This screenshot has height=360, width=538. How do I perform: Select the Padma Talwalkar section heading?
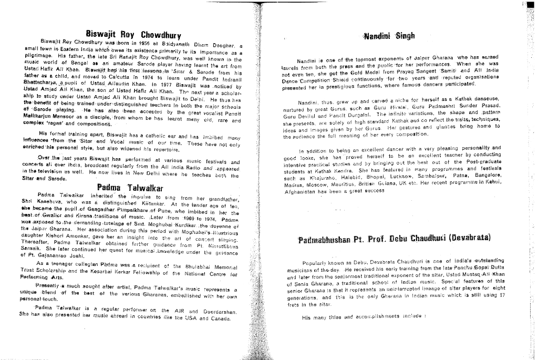[x=130, y=188]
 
